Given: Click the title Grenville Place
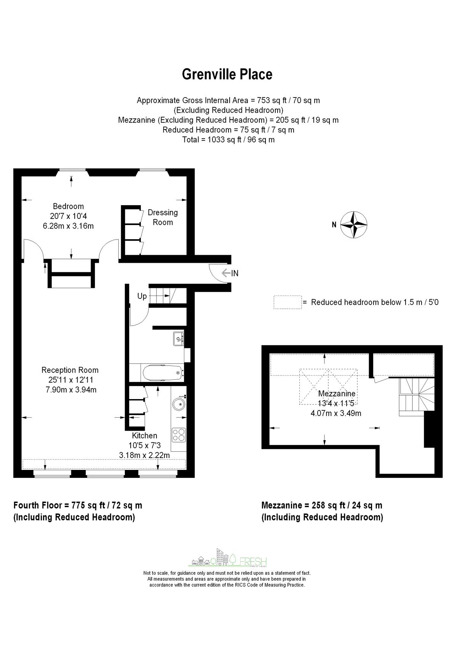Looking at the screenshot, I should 227,74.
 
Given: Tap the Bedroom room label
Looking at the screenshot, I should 68,206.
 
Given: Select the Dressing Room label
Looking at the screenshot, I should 163,217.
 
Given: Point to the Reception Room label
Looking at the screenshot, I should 70,370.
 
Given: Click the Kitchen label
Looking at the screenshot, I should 144,436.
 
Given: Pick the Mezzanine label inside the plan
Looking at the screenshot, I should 337,394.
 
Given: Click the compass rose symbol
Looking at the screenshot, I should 354,224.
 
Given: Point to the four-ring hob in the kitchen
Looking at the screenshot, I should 178,434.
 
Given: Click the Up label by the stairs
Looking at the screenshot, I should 142,296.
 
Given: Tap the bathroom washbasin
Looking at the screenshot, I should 179,339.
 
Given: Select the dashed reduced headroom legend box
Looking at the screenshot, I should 288,302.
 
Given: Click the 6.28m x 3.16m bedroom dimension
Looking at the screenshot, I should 69,226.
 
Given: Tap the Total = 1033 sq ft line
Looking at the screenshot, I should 228,139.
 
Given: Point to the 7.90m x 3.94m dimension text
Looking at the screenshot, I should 70,390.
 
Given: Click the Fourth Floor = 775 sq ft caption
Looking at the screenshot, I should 78,505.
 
